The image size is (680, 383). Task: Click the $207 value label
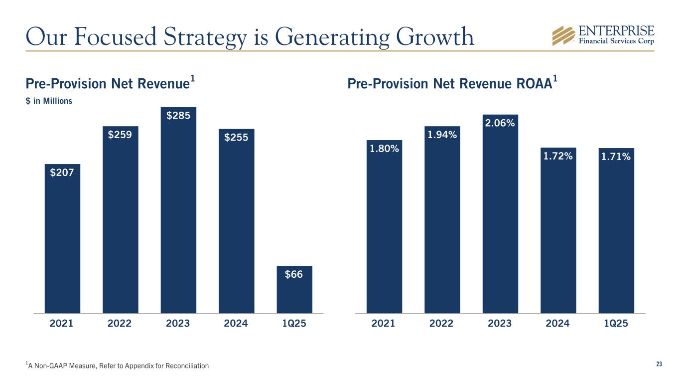tap(62, 173)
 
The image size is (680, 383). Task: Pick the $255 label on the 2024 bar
tap(236, 138)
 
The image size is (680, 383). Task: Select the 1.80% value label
tap(384, 149)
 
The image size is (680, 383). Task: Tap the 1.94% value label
tap(442, 134)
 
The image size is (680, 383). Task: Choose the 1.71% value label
tap(616, 157)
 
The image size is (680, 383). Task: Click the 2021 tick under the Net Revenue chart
tap(62, 323)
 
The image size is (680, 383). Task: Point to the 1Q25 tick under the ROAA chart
tap(616, 323)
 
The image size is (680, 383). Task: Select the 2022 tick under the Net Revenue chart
tap(120, 323)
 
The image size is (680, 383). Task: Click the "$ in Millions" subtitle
tap(49, 101)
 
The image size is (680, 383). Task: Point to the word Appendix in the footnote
tap(144, 367)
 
